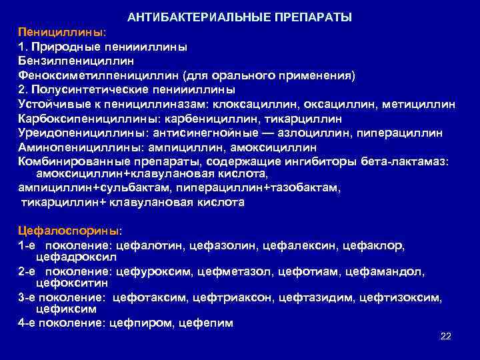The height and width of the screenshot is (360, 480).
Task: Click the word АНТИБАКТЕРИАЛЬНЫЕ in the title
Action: [x=185, y=16]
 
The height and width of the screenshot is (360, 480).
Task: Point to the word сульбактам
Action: [x=115, y=189]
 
